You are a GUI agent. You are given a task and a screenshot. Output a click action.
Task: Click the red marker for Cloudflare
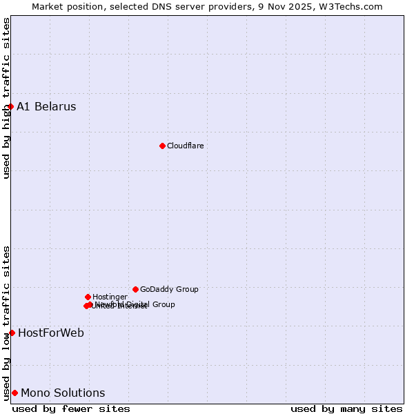pos(162,146)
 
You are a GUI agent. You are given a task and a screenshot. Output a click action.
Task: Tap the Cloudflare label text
pos(185,146)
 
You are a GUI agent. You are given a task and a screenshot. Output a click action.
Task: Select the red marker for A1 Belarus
pos(10,106)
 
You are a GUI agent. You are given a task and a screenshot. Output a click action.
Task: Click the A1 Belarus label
pos(46,106)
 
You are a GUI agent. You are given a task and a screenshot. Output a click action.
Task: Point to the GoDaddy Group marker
pos(135,289)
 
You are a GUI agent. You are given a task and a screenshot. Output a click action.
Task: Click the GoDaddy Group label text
pos(169,289)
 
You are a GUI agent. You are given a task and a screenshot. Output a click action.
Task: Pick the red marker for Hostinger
pos(88,297)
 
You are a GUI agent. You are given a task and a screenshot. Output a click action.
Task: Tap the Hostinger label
pos(110,297)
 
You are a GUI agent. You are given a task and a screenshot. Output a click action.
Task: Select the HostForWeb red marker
pos(12,333)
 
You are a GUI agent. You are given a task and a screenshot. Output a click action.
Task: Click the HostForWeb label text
pos(51,333)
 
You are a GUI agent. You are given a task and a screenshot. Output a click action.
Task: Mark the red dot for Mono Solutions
pos(14,393)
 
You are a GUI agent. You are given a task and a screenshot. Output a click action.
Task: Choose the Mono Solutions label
pos(63,393)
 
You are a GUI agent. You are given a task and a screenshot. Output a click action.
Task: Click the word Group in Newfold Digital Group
pos(164,304)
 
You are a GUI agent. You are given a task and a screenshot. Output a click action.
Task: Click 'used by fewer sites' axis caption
pos(71,408)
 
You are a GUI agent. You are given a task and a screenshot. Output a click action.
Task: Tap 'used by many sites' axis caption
pos(346,408)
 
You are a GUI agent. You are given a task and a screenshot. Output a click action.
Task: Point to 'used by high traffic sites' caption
pos(6,98)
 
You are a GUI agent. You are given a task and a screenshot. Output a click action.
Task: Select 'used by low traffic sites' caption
pos(6,322)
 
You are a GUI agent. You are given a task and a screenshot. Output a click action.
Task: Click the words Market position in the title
pos(67,6)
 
